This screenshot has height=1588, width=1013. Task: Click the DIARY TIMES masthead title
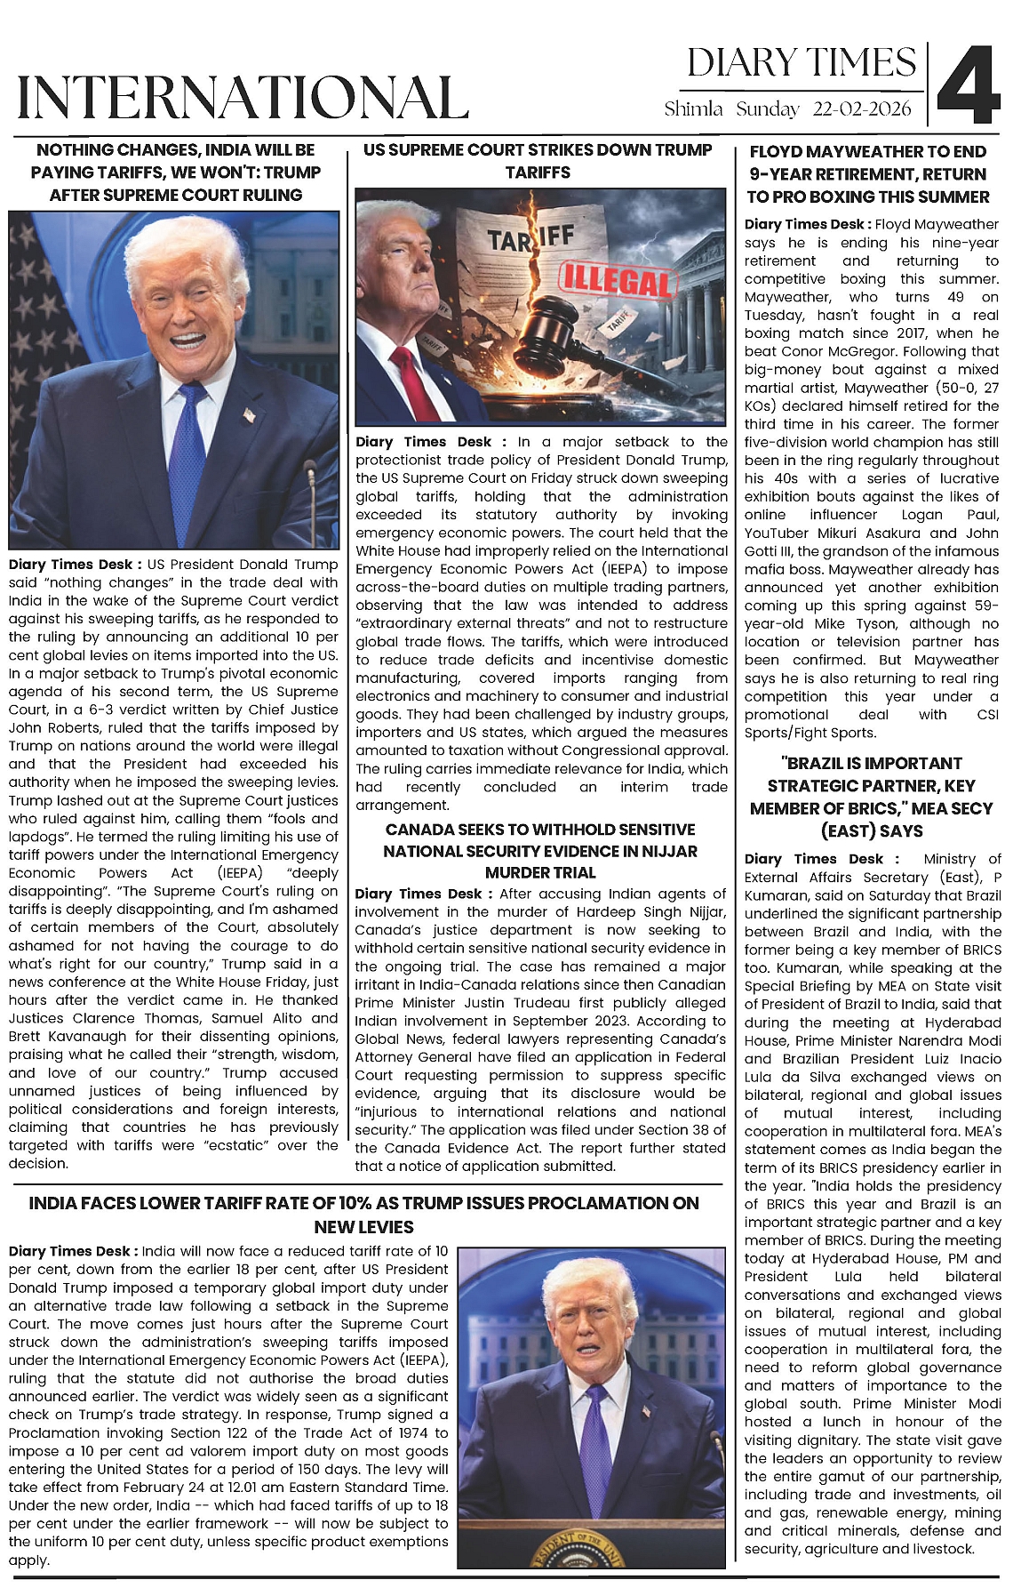(801, 63)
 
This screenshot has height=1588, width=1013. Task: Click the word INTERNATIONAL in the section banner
(243, 97)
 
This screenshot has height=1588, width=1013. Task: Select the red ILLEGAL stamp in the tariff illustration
(614, 283)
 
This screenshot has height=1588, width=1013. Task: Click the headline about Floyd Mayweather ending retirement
(867, 174)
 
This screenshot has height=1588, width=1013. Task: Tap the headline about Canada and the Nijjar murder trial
(539, 851)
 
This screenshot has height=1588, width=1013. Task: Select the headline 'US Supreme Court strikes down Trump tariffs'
(538, 161)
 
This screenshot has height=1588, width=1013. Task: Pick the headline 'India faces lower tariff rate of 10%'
(363, 1215)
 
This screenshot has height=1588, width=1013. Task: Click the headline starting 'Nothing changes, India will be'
(176, 172)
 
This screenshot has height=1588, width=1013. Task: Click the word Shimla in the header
(693, 109)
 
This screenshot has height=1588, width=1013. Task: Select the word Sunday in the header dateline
(768, 109)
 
